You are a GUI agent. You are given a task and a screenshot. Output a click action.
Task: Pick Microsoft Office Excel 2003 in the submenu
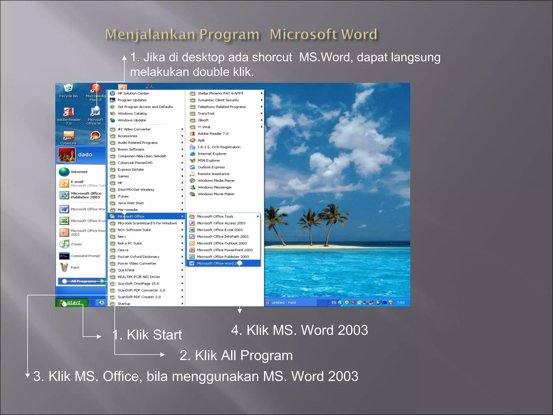point(220,230)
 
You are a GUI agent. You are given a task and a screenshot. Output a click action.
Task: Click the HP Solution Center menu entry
point(133,93)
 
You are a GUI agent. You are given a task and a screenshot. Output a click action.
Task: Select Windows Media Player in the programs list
point(216,181)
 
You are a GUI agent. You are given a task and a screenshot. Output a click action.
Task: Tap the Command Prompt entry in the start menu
point(85,256)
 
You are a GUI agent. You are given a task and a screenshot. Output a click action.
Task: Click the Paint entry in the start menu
point(75,267)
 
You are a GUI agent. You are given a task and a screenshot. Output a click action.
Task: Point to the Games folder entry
point(123,176)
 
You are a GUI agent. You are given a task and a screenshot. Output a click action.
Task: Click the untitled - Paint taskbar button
point(284,303)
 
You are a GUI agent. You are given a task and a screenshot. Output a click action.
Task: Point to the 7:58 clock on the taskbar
point(400,303)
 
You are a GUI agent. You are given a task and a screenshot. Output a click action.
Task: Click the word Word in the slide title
point(359,35)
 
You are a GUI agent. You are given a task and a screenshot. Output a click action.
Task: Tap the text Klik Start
point(154,335)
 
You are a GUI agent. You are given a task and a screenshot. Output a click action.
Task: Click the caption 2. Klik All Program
point(236,356)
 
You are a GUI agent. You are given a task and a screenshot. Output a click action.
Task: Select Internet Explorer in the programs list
point(212,154)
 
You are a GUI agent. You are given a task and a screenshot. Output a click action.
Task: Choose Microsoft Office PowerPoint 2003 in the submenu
point(225,250)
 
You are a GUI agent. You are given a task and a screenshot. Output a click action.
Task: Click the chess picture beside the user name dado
point(66,155)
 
